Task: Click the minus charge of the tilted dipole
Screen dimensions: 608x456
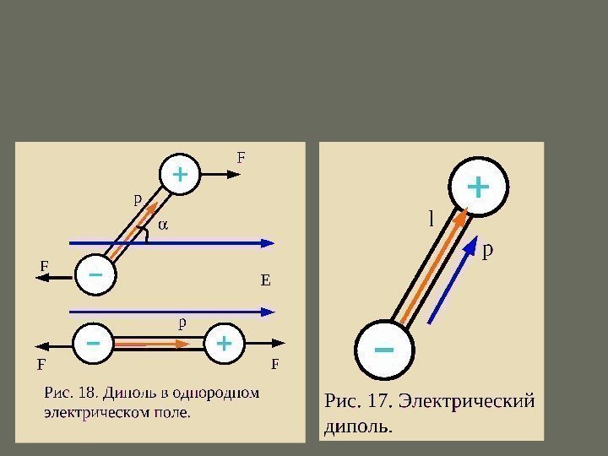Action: pos(95,276)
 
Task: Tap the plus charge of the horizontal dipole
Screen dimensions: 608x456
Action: pos(224,344)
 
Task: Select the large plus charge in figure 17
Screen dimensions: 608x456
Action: pos(477,187)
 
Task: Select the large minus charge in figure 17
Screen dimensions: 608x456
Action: pos(384,348)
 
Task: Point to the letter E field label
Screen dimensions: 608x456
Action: pos(265,280)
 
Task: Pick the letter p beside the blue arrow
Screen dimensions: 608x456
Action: pos(487,250)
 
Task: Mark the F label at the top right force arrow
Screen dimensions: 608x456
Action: pos(240,157)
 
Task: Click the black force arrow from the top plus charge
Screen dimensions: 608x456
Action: pos(221,174)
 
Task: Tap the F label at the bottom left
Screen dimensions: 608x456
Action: pos(40,366)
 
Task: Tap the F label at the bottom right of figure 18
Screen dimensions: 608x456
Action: pos(274,366)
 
